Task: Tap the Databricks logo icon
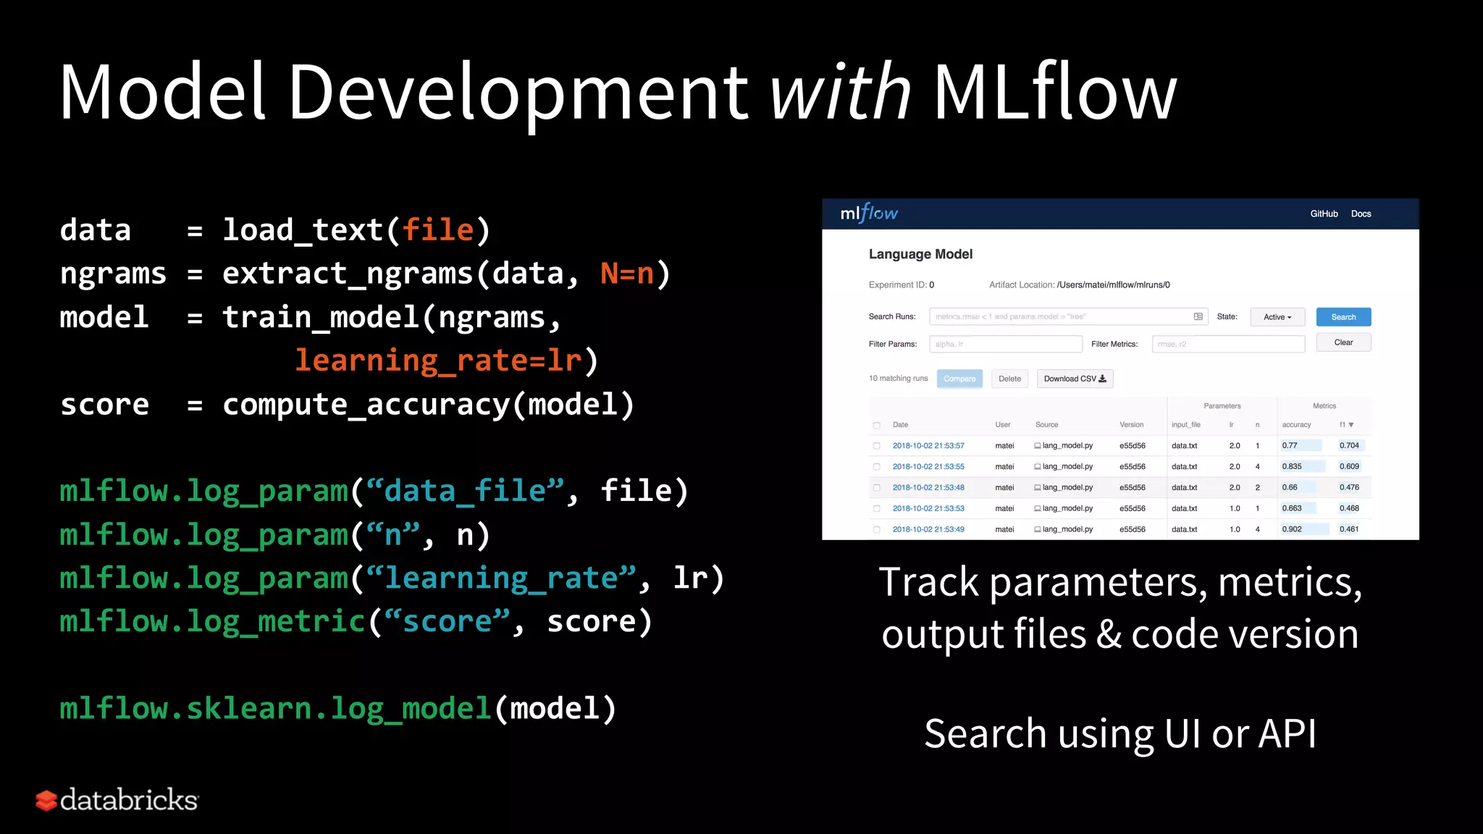click(x=46, y=800)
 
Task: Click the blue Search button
click(x=1343, y=317)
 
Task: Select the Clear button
click(x=1343, y=342)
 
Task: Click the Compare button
click(x=959, y=379)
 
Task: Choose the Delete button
click(x=1009, y=379)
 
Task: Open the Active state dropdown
click(x=1277, y=317)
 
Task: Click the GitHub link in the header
click(x=1324, y=214)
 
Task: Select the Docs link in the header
click(x=1361, y=214)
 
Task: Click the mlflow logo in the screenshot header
click(x=869, y=213)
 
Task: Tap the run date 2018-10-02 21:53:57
click(x=928, y=446)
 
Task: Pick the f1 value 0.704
click(x=1349, y=446)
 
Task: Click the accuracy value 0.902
click(x=1292, y=529)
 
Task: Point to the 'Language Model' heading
click(x=920, y=254)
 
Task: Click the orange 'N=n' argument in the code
click(x=627, y=274)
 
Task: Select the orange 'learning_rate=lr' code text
click(x=438, y=361)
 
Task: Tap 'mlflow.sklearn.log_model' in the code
click(x=276, y=709)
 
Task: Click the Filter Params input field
click(x=1006, y=344)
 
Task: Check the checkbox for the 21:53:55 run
click(x=876, y=467)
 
